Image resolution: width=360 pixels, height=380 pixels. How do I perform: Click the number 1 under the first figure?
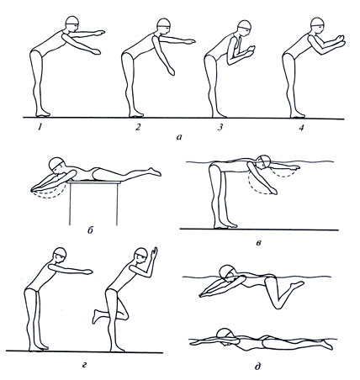click(40, 128)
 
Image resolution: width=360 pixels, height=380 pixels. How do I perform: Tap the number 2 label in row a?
click(138, 128)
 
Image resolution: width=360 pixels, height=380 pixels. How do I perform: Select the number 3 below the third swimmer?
click(220, 128)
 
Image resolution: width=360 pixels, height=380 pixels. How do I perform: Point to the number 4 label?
click(301, 128)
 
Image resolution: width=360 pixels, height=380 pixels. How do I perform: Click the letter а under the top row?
click(179, 137)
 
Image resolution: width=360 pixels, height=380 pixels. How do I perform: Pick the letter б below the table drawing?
click(90, 230)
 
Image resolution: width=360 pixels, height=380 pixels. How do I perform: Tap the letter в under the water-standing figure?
click(259, 243)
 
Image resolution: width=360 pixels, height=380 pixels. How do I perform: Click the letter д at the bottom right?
click(257, 366)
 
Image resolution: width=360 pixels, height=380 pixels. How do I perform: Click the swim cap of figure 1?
click(72, 20)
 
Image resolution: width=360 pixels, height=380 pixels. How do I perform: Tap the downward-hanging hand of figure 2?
click(172, 71)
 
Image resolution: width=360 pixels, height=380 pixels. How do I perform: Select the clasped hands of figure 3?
click(251, 50)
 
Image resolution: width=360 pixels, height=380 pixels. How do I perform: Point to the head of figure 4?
click(317, 24)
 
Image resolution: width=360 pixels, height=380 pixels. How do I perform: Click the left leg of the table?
click(70, 203)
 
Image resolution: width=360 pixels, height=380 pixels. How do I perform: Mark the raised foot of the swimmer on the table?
click(155, 172)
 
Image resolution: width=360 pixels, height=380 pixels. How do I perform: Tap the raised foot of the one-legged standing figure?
click(97, 316)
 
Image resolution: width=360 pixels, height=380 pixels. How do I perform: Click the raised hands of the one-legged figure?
click(154, 253)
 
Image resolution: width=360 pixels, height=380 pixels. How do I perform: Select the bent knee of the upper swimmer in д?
click(278, 305)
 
